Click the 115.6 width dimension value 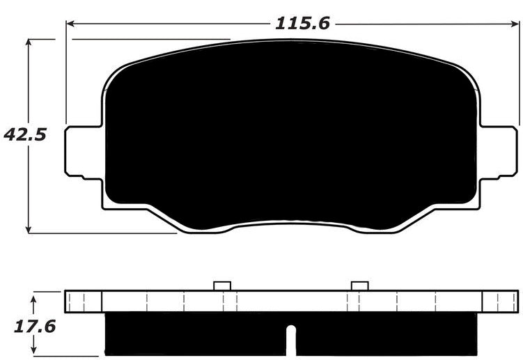302,23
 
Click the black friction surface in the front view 291,132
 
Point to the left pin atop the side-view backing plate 221,285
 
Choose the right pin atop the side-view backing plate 360,285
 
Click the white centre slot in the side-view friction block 291,343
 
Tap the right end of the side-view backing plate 501,301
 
